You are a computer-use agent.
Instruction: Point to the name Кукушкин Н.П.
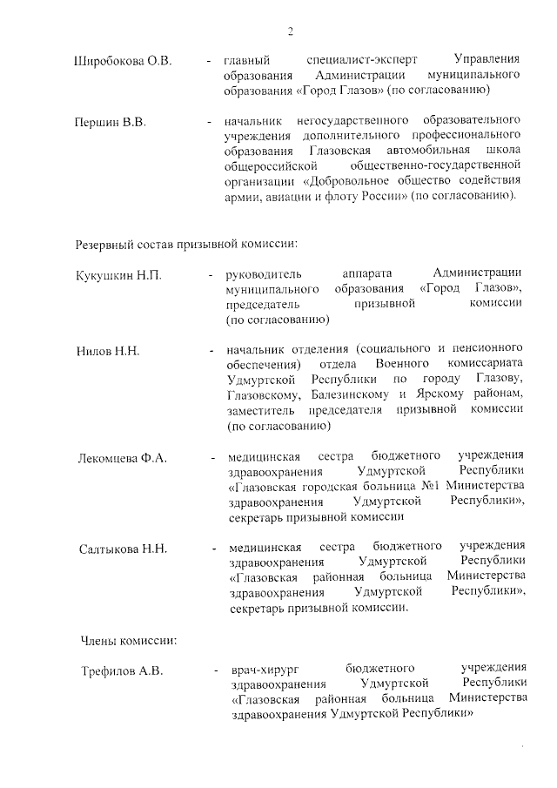pos(118,274)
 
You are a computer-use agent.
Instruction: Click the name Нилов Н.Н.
pos(108,351)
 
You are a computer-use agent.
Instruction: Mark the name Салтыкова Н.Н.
pos(123,549)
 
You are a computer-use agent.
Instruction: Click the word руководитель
pos(263,273)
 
